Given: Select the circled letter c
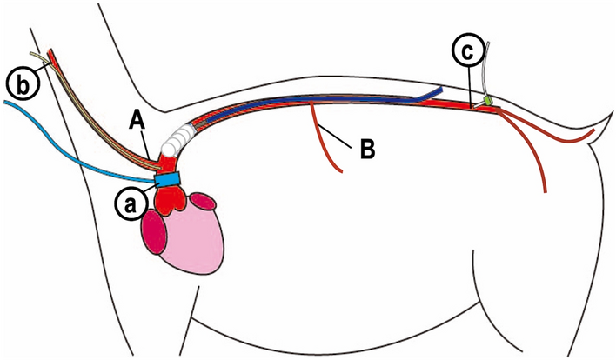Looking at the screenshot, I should [468, 53].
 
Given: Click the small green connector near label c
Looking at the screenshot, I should [488, 102].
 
